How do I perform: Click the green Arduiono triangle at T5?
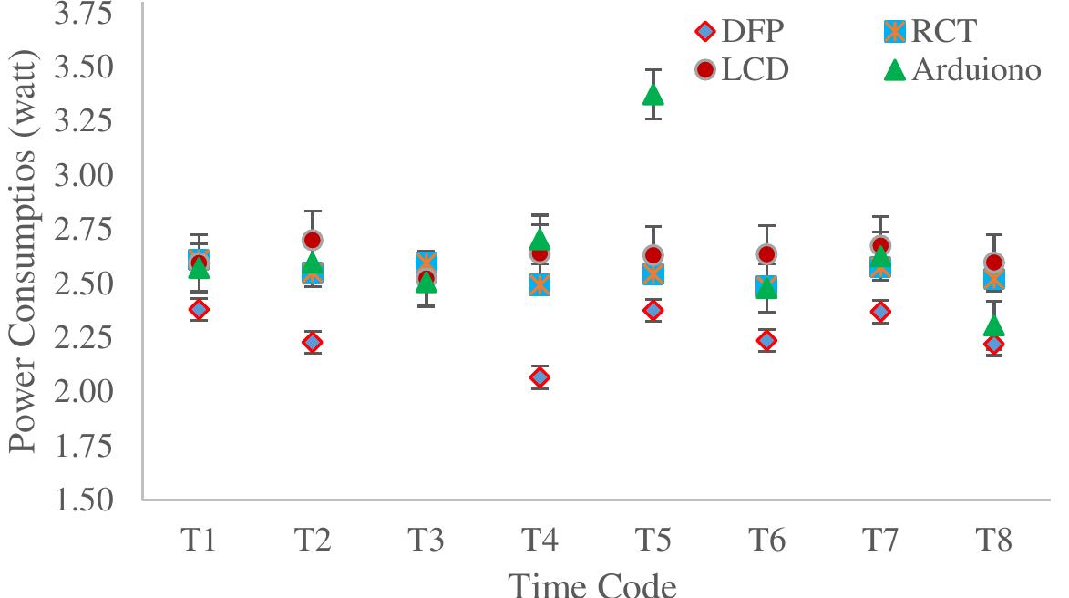point(653,94)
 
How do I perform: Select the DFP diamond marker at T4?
point(539,377)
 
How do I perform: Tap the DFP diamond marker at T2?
point(312,343)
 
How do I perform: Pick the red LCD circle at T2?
point(312,240)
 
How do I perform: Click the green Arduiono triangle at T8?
point(993,326)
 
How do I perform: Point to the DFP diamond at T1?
point(199,309)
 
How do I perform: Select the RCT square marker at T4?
point(539,284)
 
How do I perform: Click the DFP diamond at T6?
point(766,340)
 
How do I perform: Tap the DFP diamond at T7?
point(880,312)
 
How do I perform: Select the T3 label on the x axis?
point(426,541)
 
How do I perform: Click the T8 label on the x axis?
point(993,541)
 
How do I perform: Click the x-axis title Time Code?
point(591,583)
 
